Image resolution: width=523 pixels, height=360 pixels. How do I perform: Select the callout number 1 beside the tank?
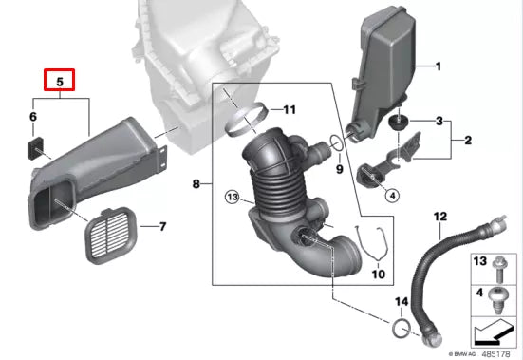[439, 66]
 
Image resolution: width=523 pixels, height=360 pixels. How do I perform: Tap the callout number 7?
[161, 226]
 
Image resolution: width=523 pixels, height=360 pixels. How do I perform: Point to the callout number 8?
[196, 182]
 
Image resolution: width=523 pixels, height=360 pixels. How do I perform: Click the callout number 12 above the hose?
[439, 218]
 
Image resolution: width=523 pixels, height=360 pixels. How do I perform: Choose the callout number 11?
[289, 110]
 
